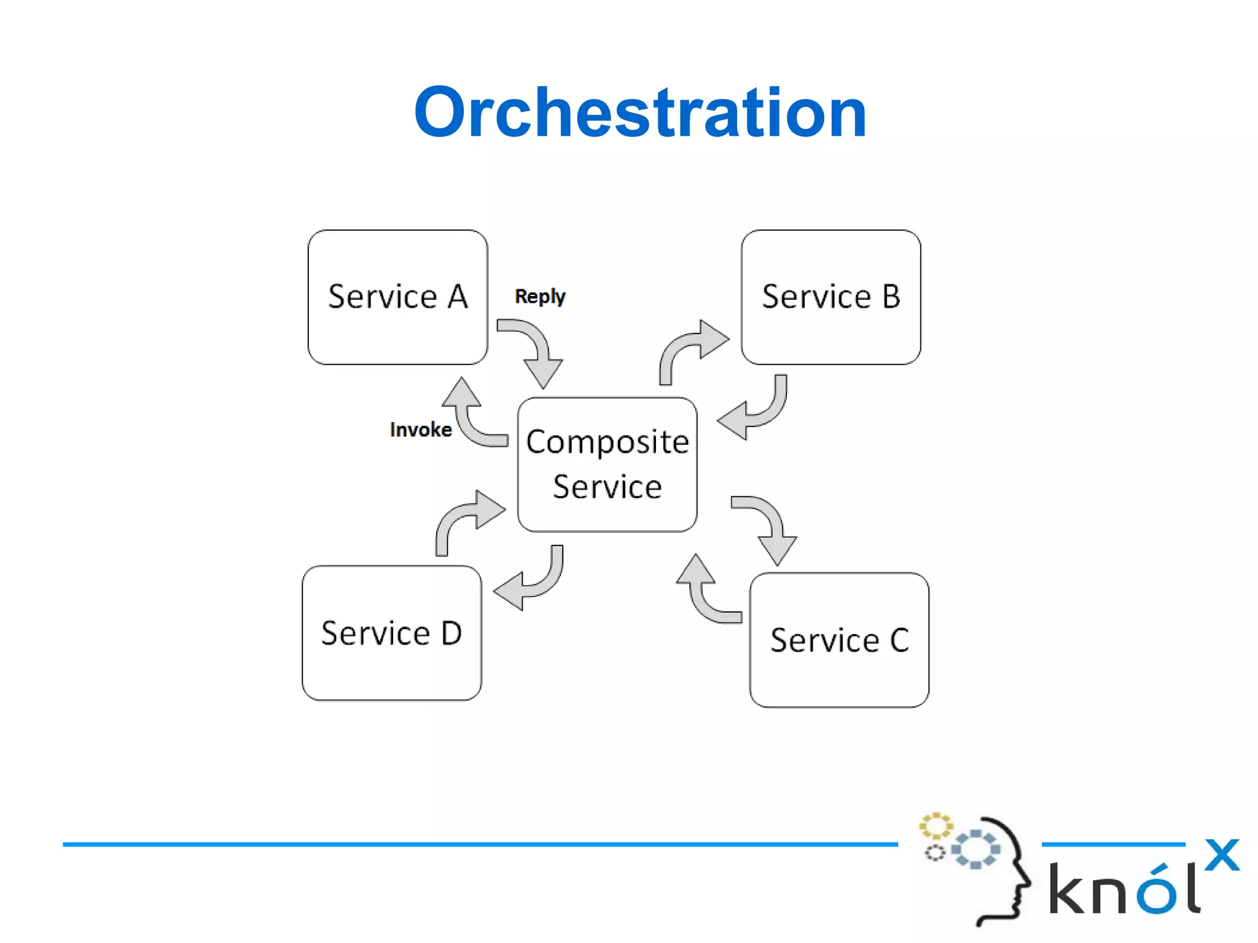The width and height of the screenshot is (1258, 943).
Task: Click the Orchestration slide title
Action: [640, 112]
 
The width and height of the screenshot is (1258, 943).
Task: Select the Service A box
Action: [397, 297]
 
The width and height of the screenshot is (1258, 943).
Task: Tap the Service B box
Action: [830, 297]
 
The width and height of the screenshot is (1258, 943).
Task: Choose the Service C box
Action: [839, 640]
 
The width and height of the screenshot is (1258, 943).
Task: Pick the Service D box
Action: [392, 633]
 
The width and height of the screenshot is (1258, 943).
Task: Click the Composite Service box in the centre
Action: [607, 464]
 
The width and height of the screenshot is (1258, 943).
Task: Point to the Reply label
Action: [540, 297]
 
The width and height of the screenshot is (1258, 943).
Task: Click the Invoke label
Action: [421, 429]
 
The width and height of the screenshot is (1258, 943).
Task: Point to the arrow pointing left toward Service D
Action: [532, 581]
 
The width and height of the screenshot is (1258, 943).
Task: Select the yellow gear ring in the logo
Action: [936, 826]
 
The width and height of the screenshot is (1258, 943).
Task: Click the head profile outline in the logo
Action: [1007, 872]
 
